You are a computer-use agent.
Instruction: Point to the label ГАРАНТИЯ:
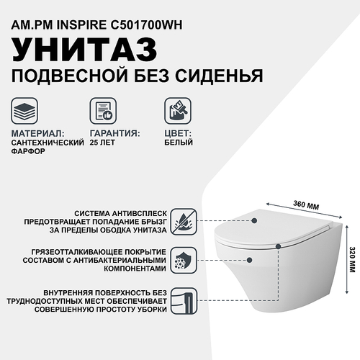point(115,134)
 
